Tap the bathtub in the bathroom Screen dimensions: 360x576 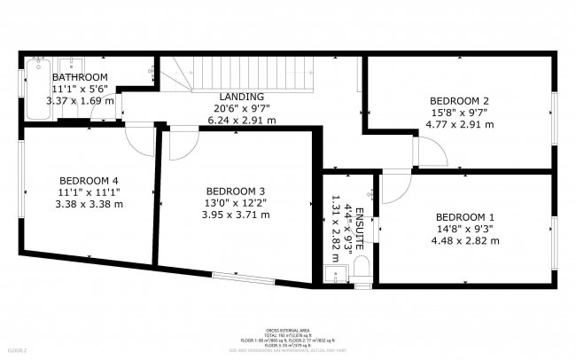pos(38,89)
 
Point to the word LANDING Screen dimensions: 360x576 pos(241,97)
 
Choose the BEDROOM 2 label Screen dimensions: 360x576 pos(459,101)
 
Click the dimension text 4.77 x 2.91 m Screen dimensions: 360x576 pos(459,124)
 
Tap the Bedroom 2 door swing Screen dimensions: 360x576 pos(427,153)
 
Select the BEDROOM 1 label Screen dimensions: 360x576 pos(465,217)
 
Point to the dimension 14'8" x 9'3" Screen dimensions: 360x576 pos(465,229)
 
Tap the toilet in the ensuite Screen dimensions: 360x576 pos(360,270)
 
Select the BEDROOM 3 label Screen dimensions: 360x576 pos(235,191)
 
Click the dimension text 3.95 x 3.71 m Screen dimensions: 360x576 pos(235,214)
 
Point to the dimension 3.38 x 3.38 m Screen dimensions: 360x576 pos(89,203)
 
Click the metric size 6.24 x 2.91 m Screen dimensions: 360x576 pos(241,120)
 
